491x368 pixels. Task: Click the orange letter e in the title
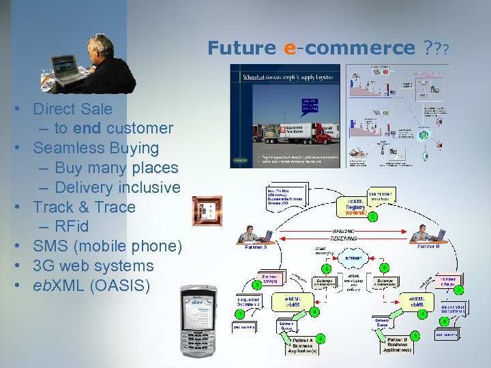pos(289,48)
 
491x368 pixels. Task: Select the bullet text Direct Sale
pos(73,108)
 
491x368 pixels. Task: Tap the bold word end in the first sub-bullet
pos(87,128)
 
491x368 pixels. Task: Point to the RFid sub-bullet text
pos(72,226)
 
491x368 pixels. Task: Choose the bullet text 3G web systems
pos(93,266)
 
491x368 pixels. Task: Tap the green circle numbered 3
pos(373,217)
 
